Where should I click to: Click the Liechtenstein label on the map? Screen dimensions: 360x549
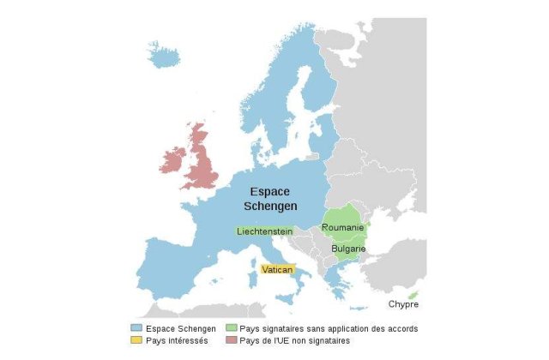(265, 231)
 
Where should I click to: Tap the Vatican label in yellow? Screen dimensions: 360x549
(277, 269)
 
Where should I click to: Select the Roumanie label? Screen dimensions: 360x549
(342, 228)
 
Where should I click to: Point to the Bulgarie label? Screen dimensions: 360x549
(349, 249)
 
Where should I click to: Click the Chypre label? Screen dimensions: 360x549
(403, 304)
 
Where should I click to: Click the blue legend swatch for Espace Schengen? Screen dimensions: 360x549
(136, 328)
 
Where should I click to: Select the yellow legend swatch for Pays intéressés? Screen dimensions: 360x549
(136, 340)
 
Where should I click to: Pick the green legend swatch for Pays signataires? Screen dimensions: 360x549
(232, 328)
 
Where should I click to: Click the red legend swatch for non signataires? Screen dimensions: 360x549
(232, 340)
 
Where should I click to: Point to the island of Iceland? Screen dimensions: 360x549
(164, 56)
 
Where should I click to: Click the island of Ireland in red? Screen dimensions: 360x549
(172, 160)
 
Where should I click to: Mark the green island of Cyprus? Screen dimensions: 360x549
(413, 295)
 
